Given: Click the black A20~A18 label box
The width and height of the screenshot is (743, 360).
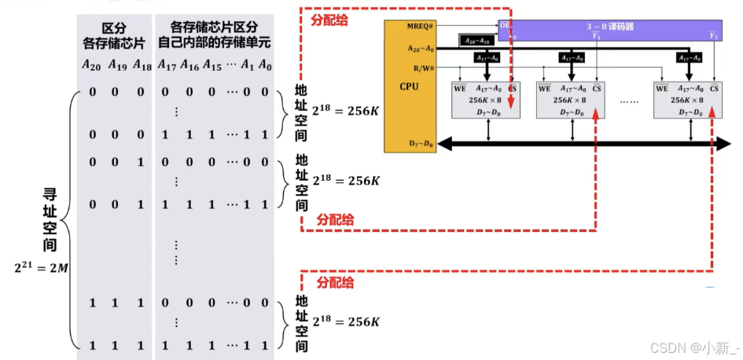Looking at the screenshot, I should coord(477,39).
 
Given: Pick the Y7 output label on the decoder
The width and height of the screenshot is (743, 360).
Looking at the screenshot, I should coord(713,36).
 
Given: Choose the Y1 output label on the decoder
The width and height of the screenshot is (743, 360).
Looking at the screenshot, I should coord(595,36).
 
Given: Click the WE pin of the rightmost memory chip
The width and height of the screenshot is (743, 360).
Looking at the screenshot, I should coord(662,89).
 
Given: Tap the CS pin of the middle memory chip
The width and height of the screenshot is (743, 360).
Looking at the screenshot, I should coord(595,89).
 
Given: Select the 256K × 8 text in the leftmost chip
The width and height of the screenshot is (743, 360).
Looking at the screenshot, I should coord(487,101).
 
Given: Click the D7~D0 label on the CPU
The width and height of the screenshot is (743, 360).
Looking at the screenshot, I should coord(421,144).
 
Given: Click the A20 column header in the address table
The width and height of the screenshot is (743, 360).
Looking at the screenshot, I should coord(92,64).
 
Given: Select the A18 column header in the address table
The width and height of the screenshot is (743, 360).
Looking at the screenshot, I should coord(142,64).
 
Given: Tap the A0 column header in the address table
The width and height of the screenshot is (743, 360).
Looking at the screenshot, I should coord(265,64).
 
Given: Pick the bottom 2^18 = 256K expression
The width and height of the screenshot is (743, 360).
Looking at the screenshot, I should coord(346,321).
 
